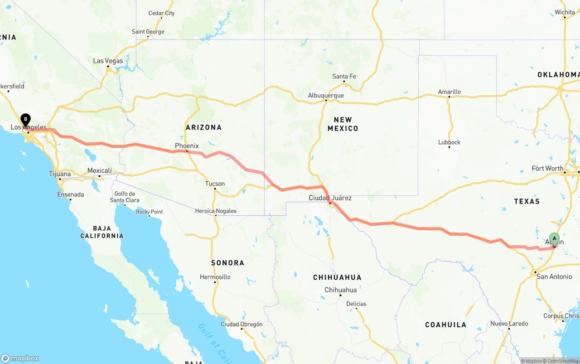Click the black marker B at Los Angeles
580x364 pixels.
pos(26,120)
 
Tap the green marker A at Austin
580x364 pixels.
pos(554,239)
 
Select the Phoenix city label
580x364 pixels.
pos(187,146)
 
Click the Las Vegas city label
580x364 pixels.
pos(108,61)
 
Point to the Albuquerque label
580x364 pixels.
pos(326,95)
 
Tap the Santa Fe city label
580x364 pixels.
pos(344,76)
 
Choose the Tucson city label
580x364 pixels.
pos(215,184)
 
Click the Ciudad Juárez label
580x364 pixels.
pos(330,198)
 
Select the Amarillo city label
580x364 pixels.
pos(449,92)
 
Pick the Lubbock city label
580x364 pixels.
pos(449,142)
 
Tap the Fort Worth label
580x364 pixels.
pos(547,168)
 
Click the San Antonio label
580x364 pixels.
pos(554,276)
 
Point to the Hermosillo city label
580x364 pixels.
pos(215,277)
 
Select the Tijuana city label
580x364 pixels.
pos(60,174)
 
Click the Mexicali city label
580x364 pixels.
pos(99,170)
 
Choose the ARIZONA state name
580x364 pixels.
pos(203,127)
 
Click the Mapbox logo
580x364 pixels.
pos(20,358)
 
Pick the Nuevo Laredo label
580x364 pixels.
pos(509,324)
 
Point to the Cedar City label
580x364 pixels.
pos(161,13)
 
